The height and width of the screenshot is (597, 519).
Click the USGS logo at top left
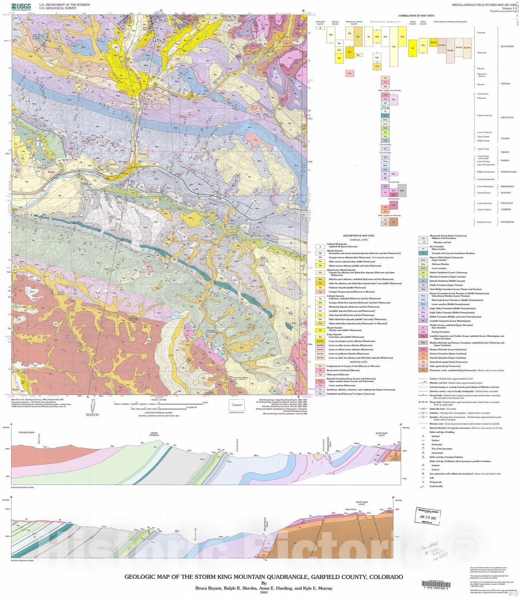[x=21, y=6]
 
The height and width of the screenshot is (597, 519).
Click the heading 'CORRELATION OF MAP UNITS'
[x=416, y=16]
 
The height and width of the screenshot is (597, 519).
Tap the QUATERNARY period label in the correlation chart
[x=507, y=47]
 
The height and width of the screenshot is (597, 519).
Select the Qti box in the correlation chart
[x=412, y=48]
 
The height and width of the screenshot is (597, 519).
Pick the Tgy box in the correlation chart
[x=350, y=74]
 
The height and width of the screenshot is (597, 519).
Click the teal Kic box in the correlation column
[x=386, y=116]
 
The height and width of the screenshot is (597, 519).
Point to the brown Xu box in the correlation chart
[x=393, y=222]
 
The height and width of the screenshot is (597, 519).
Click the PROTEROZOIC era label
[x=507, y=222]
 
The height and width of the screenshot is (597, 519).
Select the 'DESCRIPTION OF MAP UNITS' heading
[x=358, y=236]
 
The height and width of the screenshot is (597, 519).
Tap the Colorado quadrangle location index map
[x=237, y=406]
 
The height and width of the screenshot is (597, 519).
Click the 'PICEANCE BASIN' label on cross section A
[x=26, y=432]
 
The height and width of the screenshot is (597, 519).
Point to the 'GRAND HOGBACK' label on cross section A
[x=154, y=434]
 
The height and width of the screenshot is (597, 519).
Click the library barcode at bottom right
[x=436, y=584]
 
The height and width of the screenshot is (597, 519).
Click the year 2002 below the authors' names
[x=264, y=592]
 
